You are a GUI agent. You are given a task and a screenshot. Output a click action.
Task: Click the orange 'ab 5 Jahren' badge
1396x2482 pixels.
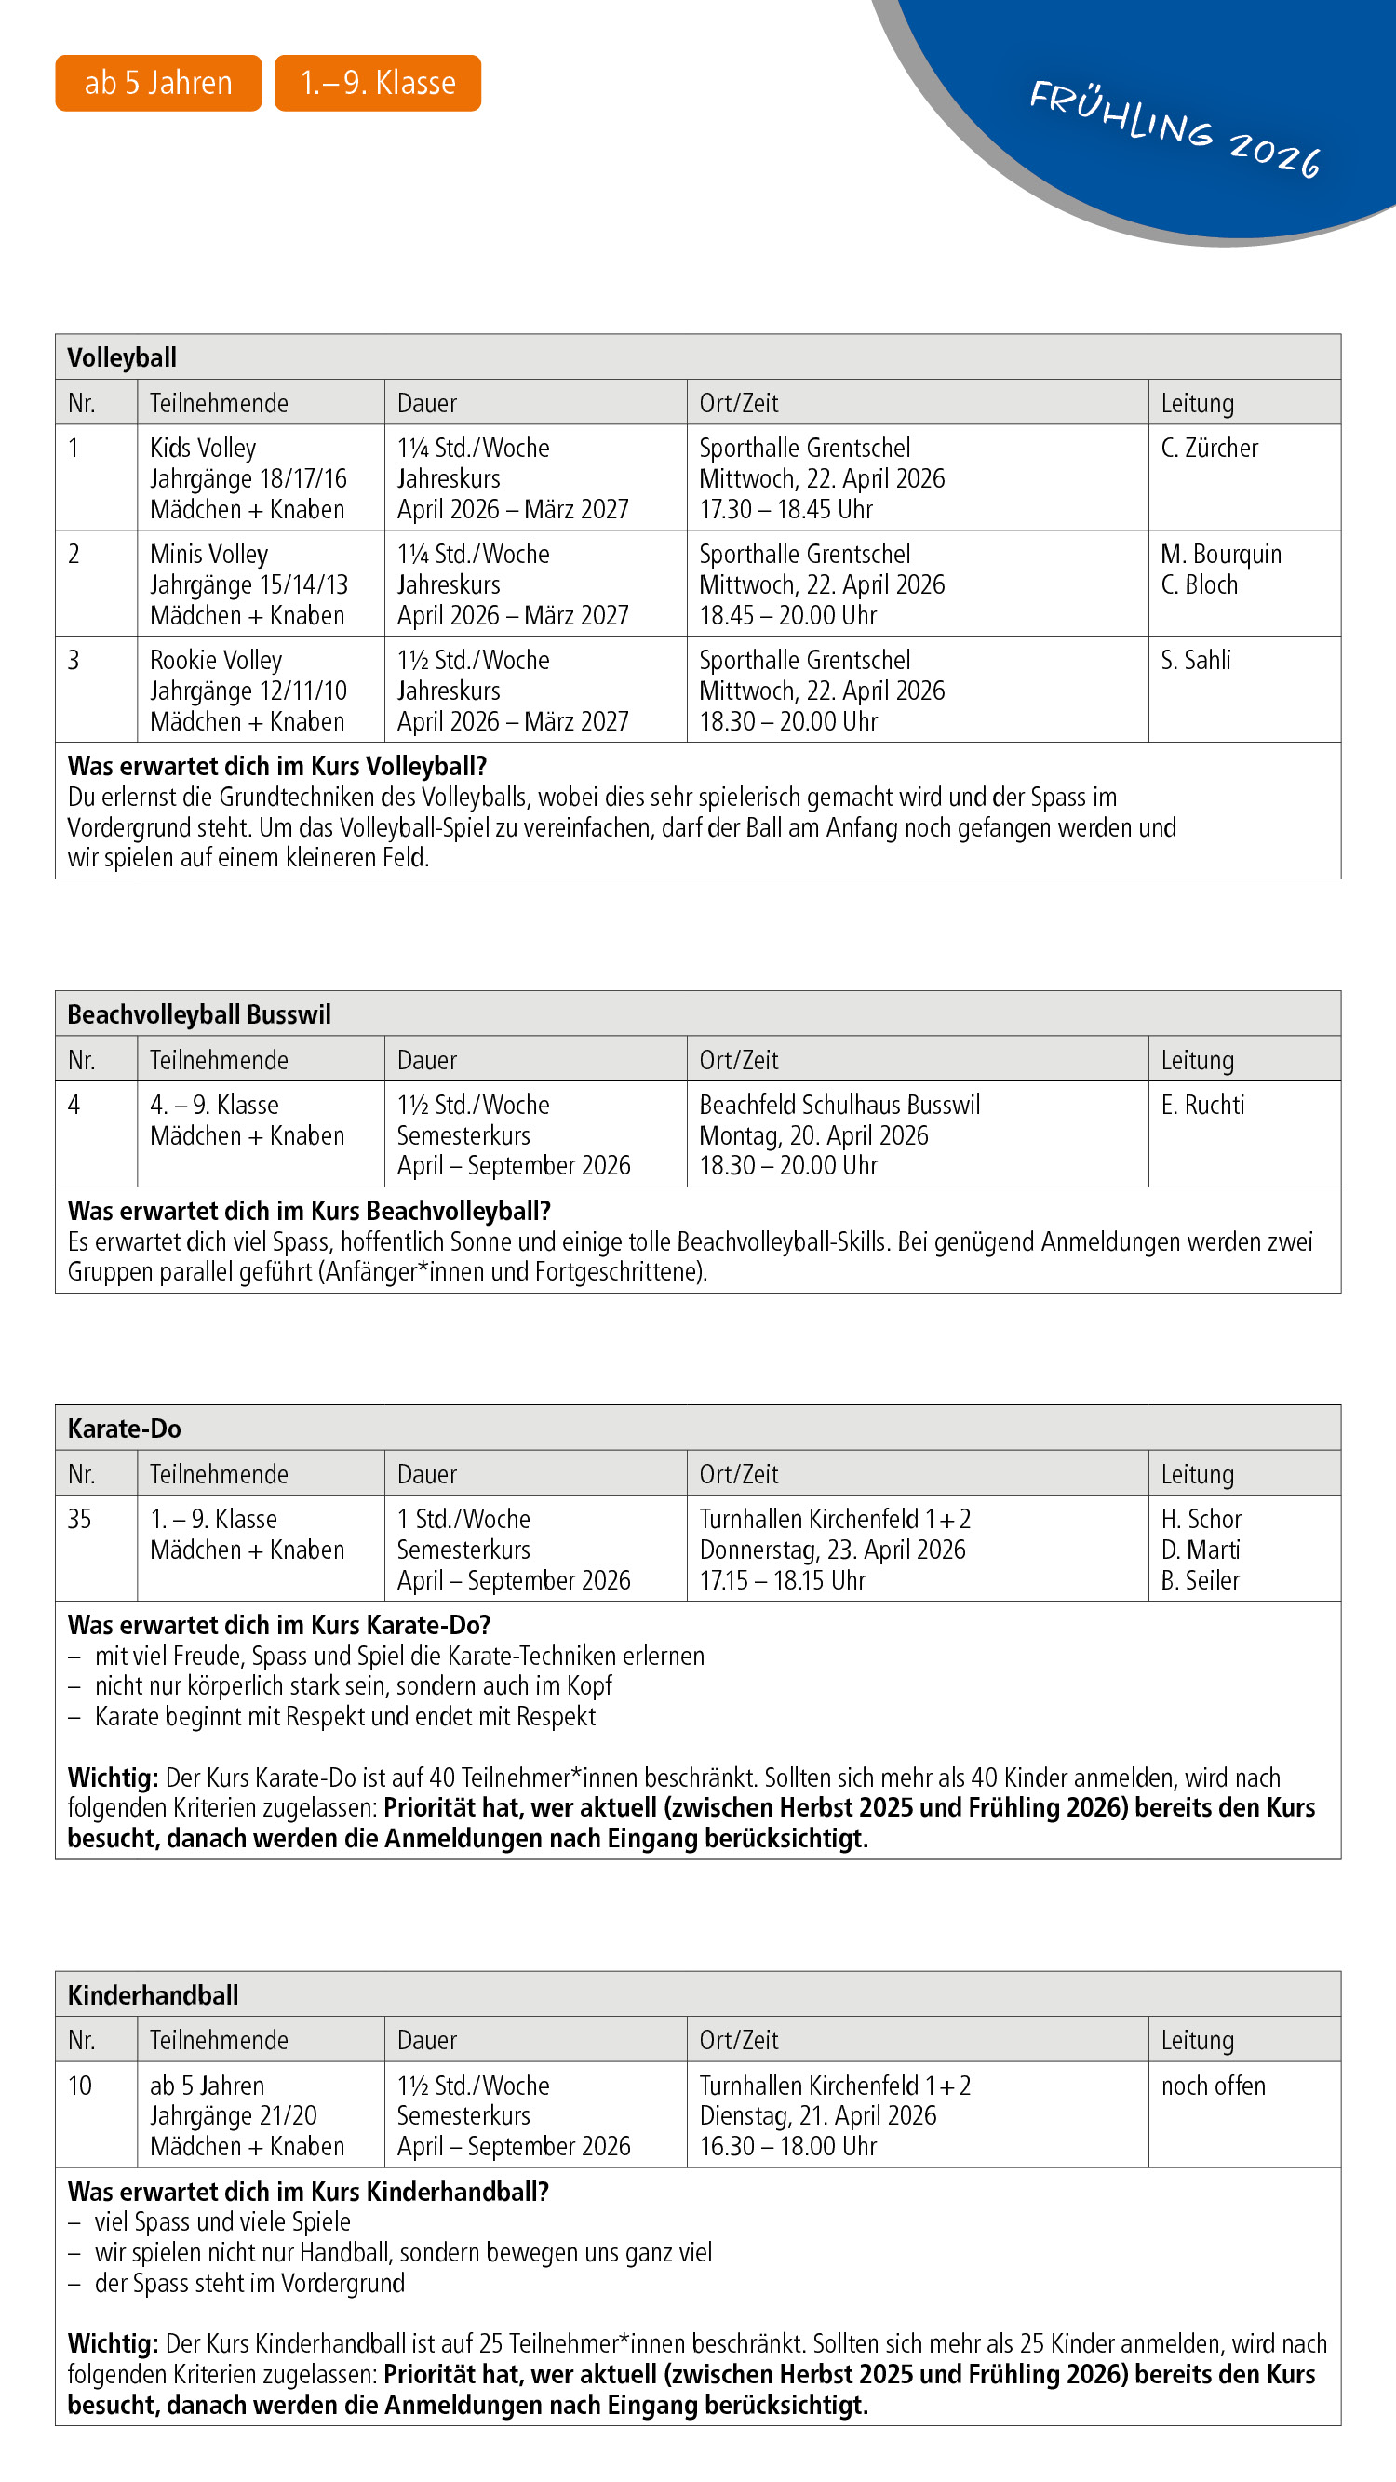click(x=158, y=83)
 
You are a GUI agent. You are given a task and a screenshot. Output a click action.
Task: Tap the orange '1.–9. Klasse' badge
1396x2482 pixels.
click(x=378, y=83)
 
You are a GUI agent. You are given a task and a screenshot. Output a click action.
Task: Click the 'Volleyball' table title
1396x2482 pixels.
click(x=122, y=357)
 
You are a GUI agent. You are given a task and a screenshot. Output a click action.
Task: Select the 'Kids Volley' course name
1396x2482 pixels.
click(x=203, y=448)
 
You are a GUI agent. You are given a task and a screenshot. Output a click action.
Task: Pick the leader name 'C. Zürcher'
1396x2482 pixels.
click(x=1209, y=448)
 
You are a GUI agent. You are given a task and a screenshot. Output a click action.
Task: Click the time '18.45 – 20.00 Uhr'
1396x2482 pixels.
click(x=787, y=615)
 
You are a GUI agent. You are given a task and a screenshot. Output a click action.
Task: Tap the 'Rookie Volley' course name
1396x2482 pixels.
click(x=216, y=660)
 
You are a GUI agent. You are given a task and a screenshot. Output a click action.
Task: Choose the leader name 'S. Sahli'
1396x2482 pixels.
click(x=1196, y=660)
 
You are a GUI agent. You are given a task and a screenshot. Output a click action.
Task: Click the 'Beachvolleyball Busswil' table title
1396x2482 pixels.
click(x=199, y=1014)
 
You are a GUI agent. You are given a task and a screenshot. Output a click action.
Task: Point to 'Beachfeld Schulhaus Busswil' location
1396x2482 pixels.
click(x=839, y=1106)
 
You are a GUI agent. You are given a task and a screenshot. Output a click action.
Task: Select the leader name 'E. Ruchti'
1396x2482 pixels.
click(x=1202, y=1106)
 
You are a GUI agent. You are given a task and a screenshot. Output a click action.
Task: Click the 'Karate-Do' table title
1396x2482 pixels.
click(x=125, y=1429)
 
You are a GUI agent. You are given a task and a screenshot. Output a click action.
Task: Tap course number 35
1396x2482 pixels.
click(x=80, y=1520)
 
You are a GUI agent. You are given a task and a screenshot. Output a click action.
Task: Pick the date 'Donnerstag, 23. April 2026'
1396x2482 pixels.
click(x=831, y=1550)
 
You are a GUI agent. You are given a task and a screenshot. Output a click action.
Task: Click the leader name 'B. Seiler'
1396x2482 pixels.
click(x=1200, y=1580)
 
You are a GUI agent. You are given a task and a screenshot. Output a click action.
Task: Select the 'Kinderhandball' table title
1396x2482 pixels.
click(x=154, y=1995)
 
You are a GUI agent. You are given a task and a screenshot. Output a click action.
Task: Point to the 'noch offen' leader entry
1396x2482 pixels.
click(x=1213, y=2086)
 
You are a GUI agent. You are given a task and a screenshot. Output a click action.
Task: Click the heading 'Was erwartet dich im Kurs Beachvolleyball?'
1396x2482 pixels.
click(x=309, y=1211)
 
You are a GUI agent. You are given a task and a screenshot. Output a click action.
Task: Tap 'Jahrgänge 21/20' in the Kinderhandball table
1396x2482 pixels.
click(x=234, y=2116)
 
